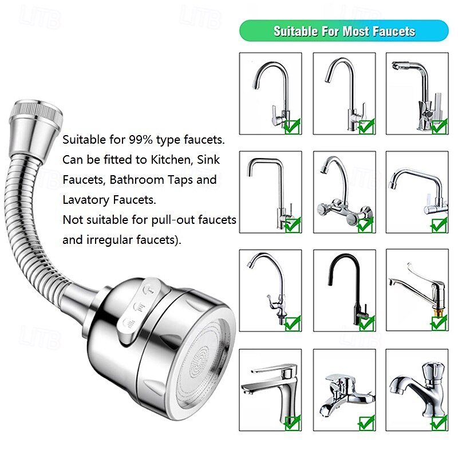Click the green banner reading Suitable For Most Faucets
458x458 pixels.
(343, 30)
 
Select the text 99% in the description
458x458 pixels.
(148, 140)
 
